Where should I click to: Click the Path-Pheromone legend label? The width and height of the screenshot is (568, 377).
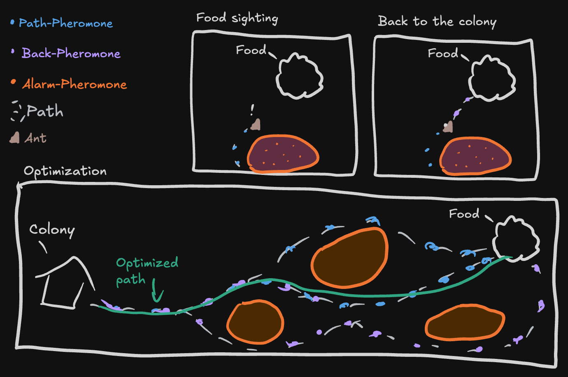[x=66, y=23]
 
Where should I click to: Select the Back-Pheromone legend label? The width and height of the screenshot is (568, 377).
[x=71, y=54]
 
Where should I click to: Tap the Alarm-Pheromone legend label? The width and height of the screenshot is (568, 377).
[x=74, y=84]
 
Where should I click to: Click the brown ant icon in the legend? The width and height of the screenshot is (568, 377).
[x=15, y=137]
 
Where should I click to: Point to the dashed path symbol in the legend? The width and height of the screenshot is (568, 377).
[x=17, y=111]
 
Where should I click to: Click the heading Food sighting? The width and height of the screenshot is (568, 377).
[x=237, y=18]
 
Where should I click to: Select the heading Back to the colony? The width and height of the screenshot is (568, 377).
[x=437, y=21]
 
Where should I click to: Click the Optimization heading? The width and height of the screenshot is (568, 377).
[x=65, y=171]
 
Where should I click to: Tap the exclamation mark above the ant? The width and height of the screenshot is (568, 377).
[x=252, y=109]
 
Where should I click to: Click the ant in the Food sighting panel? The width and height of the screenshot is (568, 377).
[x=256, y=124]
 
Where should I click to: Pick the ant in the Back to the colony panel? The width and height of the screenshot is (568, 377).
[x=448, y=127]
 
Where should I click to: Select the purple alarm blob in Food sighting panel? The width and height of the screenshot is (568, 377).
[x=283, y=154]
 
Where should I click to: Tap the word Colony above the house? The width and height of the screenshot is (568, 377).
[x=52, y=230]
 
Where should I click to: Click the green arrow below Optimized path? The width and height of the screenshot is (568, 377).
[x=156, y=292]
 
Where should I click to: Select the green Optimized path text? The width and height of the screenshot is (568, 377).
[x=147, y=271]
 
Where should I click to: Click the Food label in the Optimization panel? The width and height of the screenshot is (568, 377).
[x=464, y=214]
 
